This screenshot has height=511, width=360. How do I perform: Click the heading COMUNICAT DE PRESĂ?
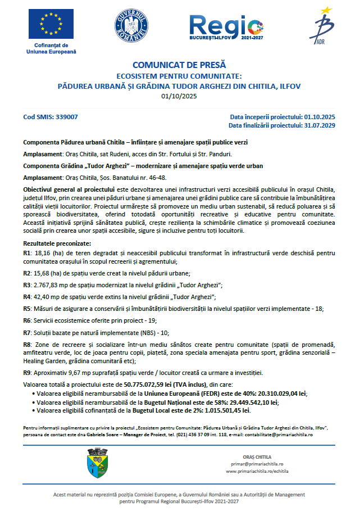[x=180, y=65]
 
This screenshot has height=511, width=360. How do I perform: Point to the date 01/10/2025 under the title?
[x=180, y=96]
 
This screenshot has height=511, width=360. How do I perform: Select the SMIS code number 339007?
[x=66, y=117]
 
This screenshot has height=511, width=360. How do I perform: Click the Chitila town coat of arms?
[x=94, y=462]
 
